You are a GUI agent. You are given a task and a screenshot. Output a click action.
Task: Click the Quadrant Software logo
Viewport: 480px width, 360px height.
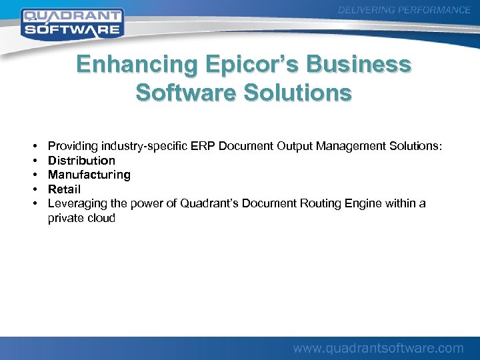[x=72, y=23]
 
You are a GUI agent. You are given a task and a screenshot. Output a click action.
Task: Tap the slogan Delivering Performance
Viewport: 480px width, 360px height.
[x=404, y=10]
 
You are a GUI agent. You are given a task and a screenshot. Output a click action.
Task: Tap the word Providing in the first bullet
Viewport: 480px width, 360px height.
[x=72, y=146]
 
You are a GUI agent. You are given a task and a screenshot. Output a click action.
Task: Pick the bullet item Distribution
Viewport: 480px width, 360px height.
[x=81, y=161]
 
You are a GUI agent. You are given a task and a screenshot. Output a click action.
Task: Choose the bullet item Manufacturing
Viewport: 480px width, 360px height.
[x=89, y=175]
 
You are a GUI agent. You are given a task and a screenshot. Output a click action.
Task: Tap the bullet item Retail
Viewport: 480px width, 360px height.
[x=64, y=189]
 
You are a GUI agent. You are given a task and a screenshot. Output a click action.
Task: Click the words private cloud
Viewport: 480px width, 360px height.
[x=81, y=218]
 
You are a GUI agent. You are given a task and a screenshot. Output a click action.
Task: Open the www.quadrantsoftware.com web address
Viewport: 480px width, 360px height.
[x=379, y=348]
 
